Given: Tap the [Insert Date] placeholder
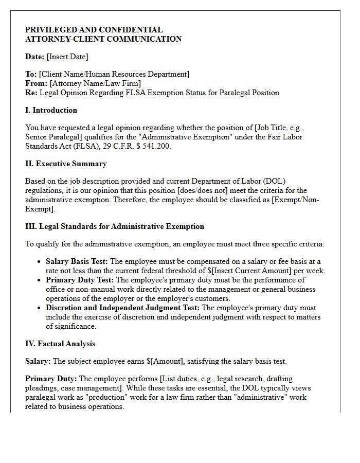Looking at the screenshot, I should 67,57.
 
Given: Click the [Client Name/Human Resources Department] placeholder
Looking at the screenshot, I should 114,74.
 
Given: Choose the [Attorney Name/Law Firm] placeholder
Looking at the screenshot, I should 95,83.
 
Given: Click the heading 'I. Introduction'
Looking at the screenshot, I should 51,110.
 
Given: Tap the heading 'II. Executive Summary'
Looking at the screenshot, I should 66,164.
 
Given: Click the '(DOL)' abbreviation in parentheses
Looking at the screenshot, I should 274,181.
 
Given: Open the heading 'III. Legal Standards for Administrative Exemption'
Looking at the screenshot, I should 115,226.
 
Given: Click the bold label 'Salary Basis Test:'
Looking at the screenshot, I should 77,261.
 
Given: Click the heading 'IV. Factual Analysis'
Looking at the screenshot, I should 60,344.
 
